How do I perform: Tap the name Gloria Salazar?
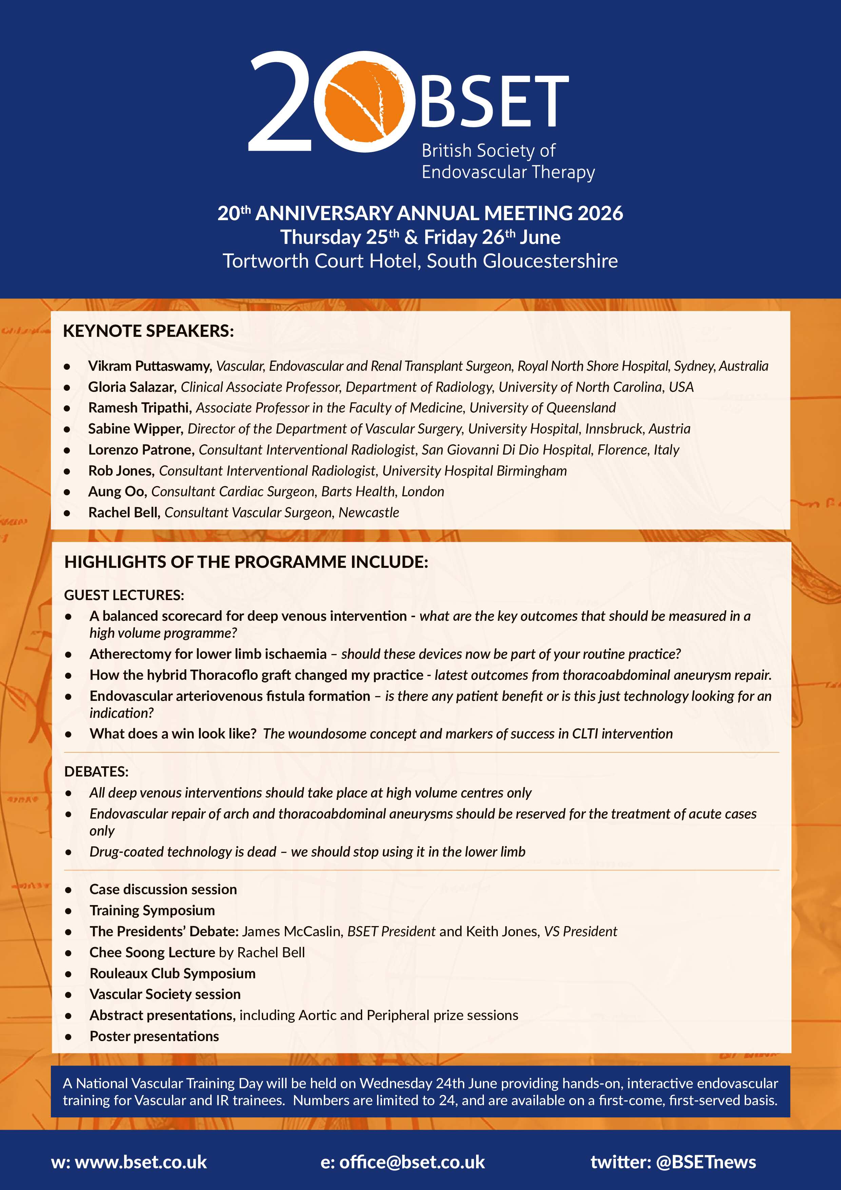click(132, 387)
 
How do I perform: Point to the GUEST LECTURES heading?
click(124, 595)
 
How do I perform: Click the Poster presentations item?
click(154, 1036)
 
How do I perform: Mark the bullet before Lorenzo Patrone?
click(67, 451)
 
